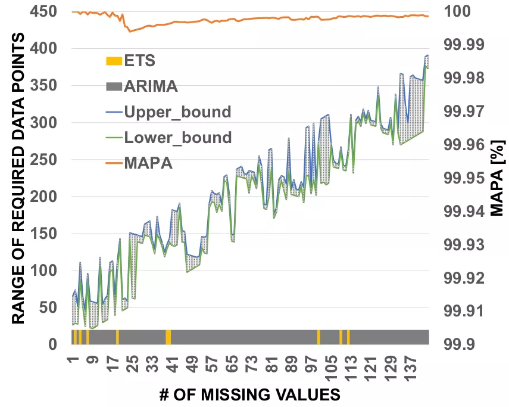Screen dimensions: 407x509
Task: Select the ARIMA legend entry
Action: pos(150,86)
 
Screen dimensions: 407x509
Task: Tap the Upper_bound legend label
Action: pos(177,112)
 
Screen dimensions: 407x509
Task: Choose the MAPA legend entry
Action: pos(148,163)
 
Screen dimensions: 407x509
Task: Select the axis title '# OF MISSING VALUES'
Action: pos(250,394)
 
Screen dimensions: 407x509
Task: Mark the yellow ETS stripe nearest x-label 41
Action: pos(168,337)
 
